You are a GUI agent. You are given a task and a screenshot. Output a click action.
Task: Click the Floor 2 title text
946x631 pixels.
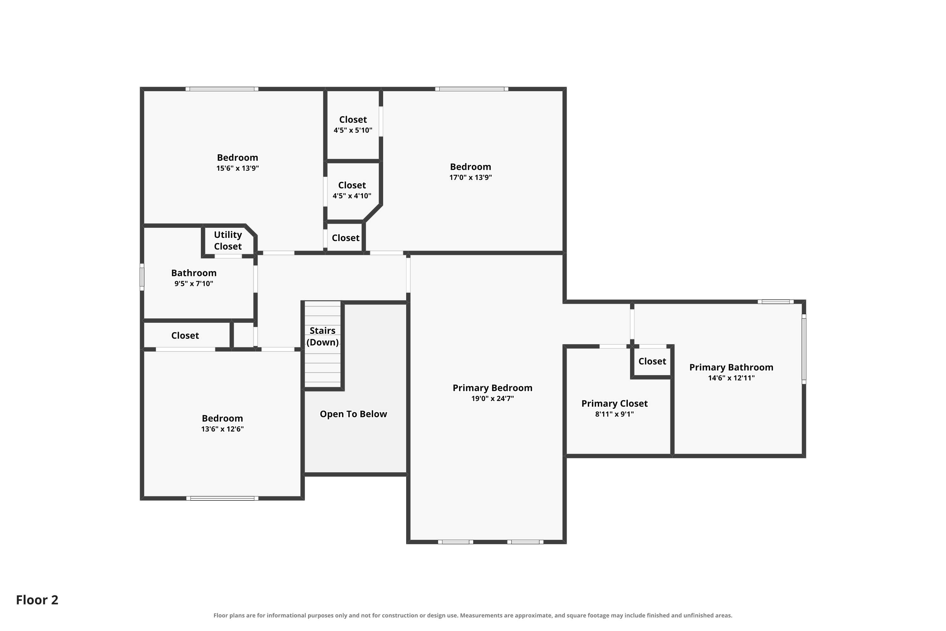(37, 600)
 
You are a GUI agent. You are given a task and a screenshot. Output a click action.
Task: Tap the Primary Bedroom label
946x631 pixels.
(492, 388)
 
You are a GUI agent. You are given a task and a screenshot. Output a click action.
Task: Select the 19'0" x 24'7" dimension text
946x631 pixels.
(492, 399)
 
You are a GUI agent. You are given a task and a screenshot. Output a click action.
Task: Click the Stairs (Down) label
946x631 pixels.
(322, 336)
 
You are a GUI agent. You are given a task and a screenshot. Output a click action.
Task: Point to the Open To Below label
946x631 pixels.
(353, 414)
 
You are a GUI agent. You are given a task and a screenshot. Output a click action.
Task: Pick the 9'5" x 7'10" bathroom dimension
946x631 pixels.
(194, 284)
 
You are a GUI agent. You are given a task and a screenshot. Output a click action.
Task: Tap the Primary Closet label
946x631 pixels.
(614, 404)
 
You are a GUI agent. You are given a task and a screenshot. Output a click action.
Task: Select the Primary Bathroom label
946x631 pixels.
(731, 368)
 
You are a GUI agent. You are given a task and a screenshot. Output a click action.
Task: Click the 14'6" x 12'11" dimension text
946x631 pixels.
(731, 378)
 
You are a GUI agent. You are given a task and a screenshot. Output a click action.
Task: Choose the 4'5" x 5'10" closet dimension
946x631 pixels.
(353, 130)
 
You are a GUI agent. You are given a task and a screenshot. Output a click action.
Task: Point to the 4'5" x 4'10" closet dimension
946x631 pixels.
(352, 196)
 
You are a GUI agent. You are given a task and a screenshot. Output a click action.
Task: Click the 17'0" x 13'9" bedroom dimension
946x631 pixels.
(470, 177)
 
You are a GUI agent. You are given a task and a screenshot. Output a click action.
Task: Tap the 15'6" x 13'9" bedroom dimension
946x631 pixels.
(237, 168)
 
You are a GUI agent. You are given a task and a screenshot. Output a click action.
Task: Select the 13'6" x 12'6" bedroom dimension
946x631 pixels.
(222, 429)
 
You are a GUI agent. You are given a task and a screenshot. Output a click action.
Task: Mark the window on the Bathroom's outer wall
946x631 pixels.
(142, 277)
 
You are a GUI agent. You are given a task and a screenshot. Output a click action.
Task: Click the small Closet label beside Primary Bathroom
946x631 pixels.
(652, 361)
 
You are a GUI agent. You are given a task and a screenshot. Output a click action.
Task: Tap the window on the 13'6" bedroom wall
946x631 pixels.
(222, 498)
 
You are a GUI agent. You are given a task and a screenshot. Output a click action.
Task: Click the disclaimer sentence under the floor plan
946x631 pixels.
(473, 615)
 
